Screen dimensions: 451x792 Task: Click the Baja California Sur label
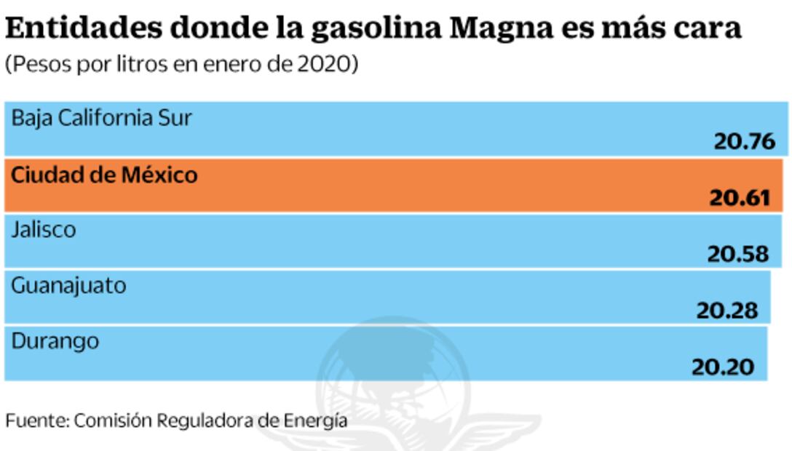102,118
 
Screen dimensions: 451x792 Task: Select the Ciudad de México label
104,175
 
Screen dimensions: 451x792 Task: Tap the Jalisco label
44,231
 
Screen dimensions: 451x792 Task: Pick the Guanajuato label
68,286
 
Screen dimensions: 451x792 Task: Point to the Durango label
55,340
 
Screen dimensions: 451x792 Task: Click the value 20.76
744,141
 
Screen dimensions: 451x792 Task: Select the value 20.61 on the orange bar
739,197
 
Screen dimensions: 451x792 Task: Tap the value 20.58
737,253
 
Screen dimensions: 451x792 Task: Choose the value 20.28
727,311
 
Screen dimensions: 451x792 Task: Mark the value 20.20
722,367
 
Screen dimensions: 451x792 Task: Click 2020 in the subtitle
322,65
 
